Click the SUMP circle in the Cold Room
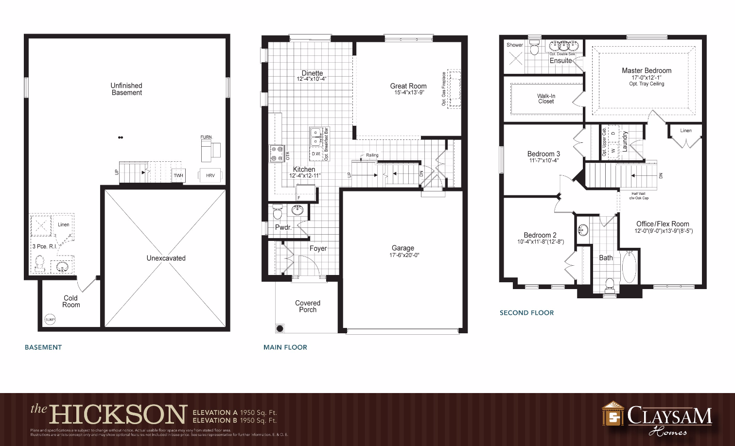pyautogui.click(x=50, y=319)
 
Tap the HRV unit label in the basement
pyautogui.click(x=210, y=175)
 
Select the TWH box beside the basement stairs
pyautogui.click(x=178, y=175)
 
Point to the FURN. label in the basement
pyautogui.click(x=206, y=137)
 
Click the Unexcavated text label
pyautogui.click(x=166, y=258)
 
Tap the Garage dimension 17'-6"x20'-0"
pyautogui.click(x=404, y=255)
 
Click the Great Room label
pyautogui.click(x=408, y=86)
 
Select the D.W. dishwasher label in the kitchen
pyautogui.click(x=316, y=154)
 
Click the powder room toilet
pyautogui.click(x=278, y=212)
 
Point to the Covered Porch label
pyautogui.click(x=308, y=306)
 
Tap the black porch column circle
pyautogui.click(x=280, y=328)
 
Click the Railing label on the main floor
pyautogui.click(x=372, y=155)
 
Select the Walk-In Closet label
pyautogui.click(x=546, y=99)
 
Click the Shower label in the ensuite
pyautogui.click(x=515, y=45)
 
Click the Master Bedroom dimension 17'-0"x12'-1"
pyautogui.click(x=647, y=77)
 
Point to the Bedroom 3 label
pyautogui.click(x=543, y=154)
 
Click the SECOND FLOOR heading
pyautogui.click(x=526, y=313)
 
